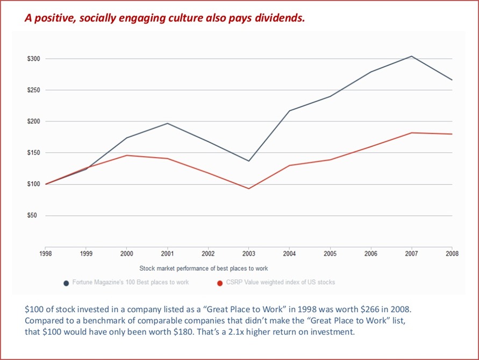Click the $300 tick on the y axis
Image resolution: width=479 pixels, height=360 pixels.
33,58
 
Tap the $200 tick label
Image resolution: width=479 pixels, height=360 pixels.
33,121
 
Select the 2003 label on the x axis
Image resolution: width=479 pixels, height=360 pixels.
248,253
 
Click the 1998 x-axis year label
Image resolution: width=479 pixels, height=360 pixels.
46,253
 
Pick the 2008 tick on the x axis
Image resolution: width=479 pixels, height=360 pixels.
452,253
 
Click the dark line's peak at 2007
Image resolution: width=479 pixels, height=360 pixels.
411,56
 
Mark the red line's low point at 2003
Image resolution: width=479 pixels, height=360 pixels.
249,188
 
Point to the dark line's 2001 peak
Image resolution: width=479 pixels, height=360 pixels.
168,123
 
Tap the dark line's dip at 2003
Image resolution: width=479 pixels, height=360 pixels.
249,161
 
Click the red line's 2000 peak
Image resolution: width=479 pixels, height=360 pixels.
127,155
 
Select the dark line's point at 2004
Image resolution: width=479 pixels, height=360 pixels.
289,111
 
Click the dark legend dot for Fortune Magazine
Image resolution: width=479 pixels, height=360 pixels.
66,283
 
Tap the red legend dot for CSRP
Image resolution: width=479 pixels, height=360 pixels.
220,283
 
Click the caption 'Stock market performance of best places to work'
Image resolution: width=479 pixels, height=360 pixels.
203,268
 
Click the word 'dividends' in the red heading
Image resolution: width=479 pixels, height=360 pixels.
282,18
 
